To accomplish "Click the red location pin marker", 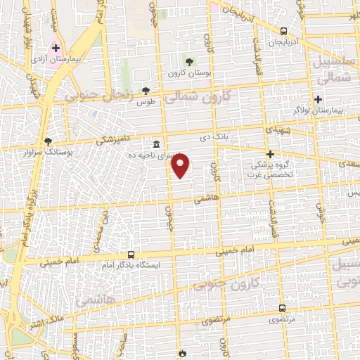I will (x=181, y=166).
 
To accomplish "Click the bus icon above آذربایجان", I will (x=283, y=32).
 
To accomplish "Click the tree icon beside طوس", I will (x=146, y=90).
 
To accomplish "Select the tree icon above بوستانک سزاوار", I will (x=48, y=141).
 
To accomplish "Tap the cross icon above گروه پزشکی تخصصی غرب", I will (x=269, y=154).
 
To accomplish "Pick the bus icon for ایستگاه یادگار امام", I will (x=131, y=255).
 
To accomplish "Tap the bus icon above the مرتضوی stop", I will (x=282, y=308).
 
